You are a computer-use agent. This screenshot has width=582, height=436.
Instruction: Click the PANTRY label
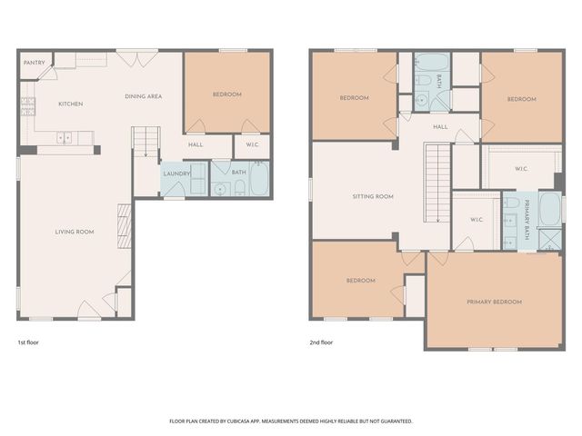click(x=35, y=64)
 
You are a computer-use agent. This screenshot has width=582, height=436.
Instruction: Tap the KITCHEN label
click(x=71, y=104)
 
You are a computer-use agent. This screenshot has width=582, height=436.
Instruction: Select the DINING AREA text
click(x=143, y=96)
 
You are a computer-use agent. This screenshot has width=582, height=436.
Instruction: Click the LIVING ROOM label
click(x=75, y=233)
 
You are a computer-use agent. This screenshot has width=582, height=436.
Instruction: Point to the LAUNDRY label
click(x=176, y=173)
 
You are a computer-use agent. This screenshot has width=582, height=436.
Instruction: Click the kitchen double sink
click(x=65, y=138)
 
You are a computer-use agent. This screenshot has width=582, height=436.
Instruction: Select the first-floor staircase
click(x=145, y=144)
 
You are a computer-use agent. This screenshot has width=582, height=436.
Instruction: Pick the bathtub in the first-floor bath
click(x=258, y=180)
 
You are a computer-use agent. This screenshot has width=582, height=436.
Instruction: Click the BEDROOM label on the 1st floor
click(x=227, y=94)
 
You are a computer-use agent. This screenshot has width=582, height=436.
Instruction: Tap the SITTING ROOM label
click(x=373, y=197)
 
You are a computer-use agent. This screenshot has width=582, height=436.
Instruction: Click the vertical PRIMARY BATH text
click(x=526, y=219)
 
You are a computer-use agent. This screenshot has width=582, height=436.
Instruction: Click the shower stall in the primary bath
click(x=549, y=239)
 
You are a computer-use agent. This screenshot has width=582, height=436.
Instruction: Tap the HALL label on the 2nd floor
click(x=440, y=127)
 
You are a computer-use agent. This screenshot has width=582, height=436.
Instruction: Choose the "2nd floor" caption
click(x=321, y=343)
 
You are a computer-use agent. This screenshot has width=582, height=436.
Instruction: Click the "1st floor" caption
click(x=28, y=343)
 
